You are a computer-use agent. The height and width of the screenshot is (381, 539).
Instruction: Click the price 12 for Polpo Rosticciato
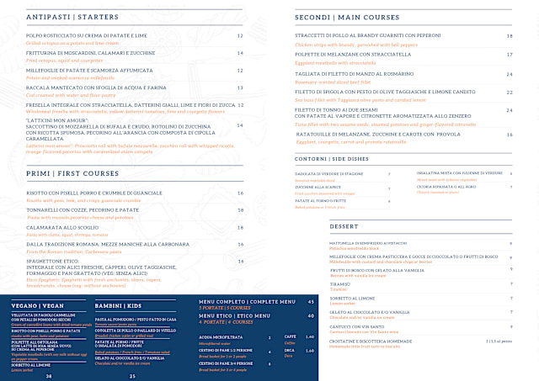click(240, 36)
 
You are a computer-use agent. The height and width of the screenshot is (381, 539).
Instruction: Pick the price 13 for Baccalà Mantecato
click(240, 87)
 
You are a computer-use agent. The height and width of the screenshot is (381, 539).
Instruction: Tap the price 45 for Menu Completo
click(311, 300)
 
